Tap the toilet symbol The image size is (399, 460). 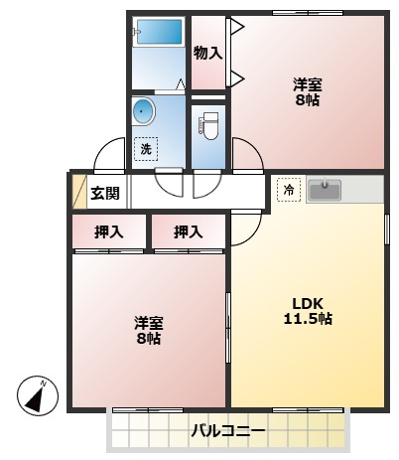(x=208, y=126)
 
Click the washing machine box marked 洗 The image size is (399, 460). (x=145, y=149)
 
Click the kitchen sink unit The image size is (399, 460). (x=325, y=188)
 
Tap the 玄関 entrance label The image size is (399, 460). (x=105, y=193)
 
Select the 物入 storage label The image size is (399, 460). (x=207, y=52)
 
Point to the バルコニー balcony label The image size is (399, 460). (x=228, y=431)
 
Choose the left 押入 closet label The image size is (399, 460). (x=108, y=232)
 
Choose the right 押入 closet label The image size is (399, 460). (x=188, y=232)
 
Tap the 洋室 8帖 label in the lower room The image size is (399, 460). (x=149, y=330)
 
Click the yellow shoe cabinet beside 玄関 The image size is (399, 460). (x=77, y=192)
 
